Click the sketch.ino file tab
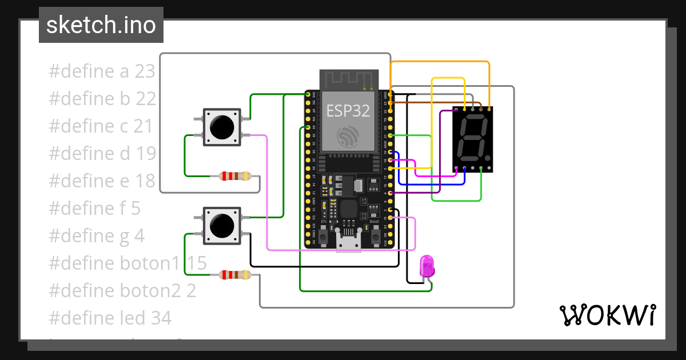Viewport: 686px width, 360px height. click(x=101, y=25)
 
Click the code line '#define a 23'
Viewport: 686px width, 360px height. click(x=102, y=71)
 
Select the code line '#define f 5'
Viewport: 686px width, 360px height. click(x=95, y=208)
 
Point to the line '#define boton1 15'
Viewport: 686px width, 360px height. click(x=127, y=263)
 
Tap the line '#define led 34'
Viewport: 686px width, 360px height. click(x=110, y=317)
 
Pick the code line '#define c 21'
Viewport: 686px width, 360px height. click(x=101, y=126)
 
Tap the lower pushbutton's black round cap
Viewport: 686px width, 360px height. click(x=221, y=225)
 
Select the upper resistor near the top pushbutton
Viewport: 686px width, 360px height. click(x=235, y=176)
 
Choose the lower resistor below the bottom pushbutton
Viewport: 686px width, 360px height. click(x=235, y=275)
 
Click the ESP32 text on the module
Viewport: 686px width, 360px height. click(x=348, y=111)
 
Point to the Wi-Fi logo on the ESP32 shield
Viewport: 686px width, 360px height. click(x=349, y=137)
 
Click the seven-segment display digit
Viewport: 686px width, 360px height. click(x=472, y=139)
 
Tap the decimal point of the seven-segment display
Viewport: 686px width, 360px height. click(x=488, y=158)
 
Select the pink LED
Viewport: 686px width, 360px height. click(x=427, y=267)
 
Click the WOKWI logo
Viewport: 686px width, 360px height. click(x=607, y=315)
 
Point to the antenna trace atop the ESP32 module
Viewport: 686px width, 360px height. click(x=349, y=81)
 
